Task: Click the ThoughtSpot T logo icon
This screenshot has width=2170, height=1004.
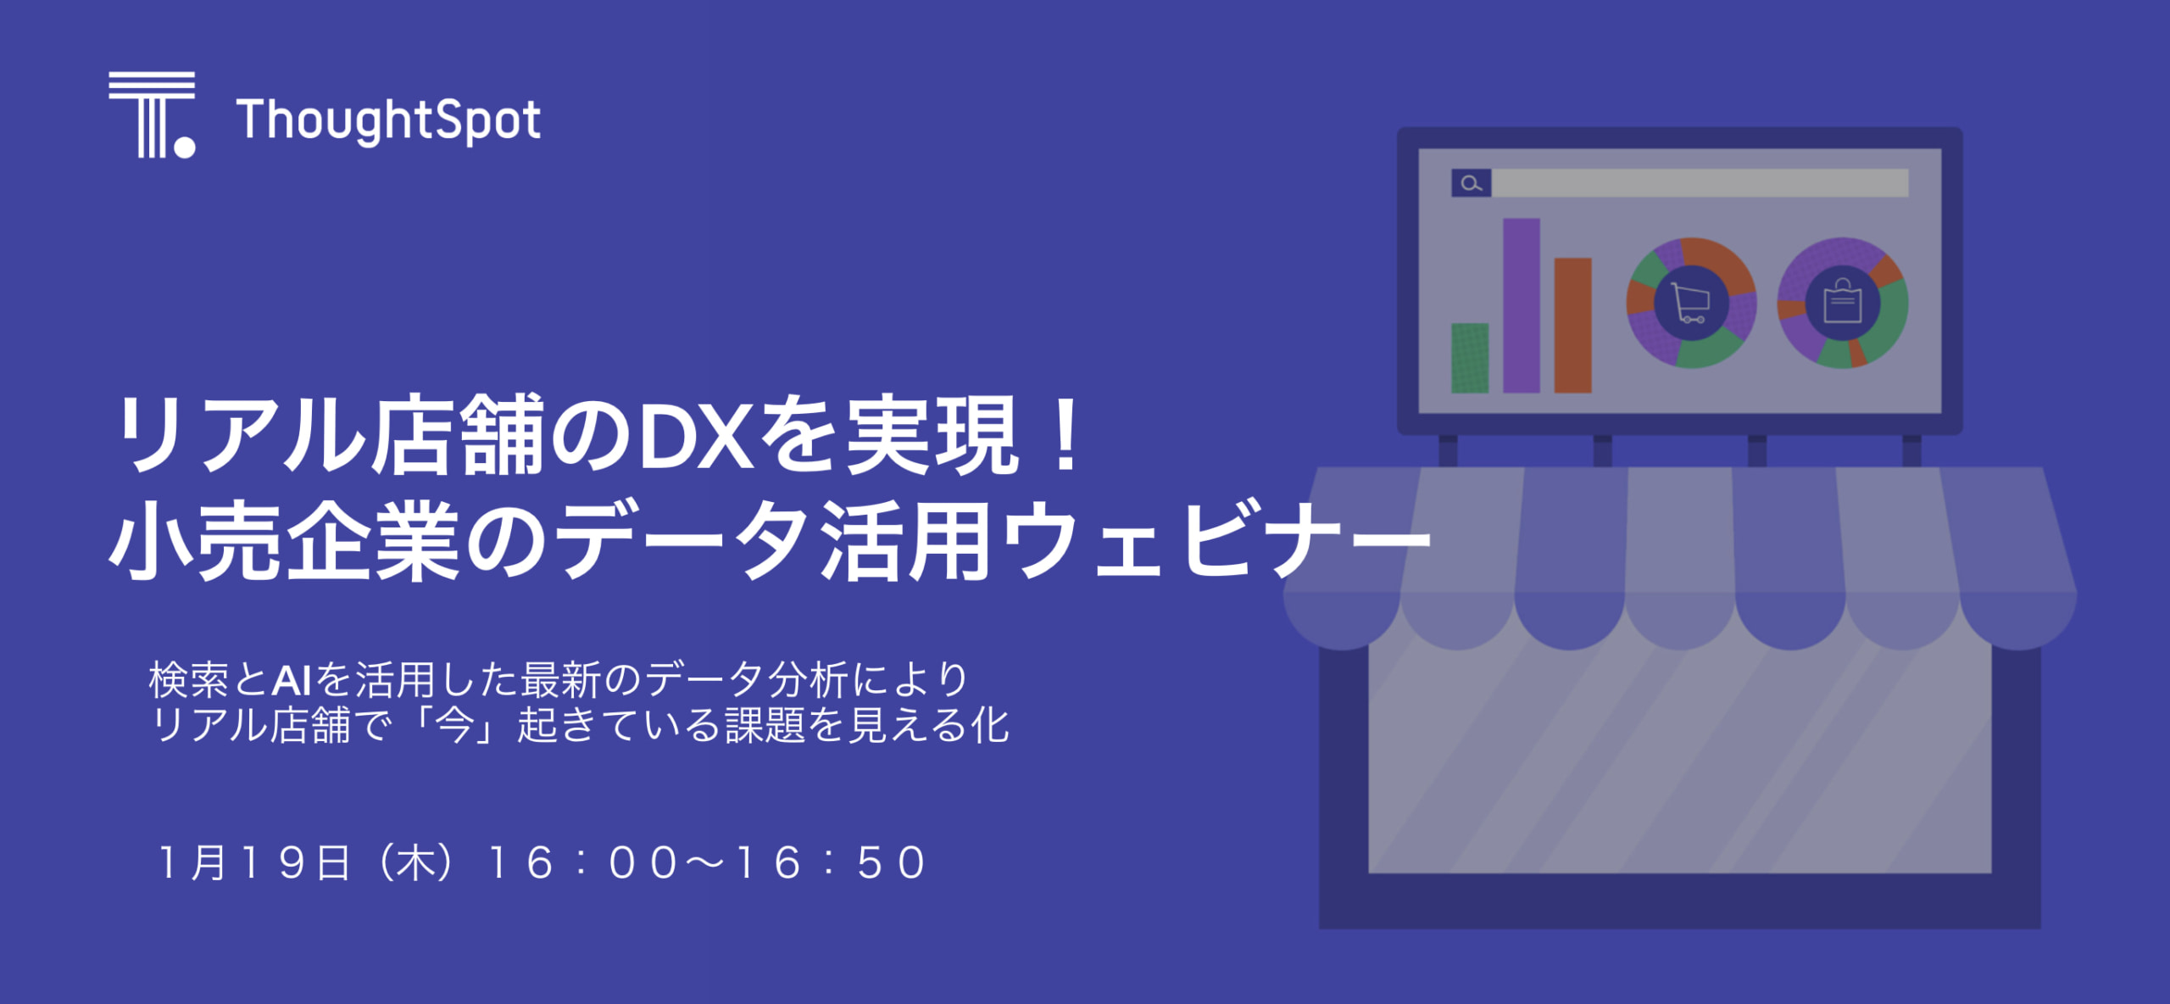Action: pos(152,114)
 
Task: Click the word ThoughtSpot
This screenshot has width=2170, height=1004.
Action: pos(389,121)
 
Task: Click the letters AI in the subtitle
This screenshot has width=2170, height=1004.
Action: pos(292,680)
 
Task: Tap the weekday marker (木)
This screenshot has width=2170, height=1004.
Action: pos(416,863)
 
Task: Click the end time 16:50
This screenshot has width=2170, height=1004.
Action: pos(831,863)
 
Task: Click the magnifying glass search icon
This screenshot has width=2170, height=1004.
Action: pos(1472,183)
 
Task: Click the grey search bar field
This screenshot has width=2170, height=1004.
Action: pos(1700,183)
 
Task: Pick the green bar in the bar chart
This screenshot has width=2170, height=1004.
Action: pos(1470,358)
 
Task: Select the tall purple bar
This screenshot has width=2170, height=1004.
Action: pos(1522,306)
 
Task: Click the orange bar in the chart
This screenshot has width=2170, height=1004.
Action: pos(1572,326)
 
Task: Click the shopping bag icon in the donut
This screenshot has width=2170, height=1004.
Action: pos(1843,302)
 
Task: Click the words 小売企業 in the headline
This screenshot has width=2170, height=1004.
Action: pos(284,540)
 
